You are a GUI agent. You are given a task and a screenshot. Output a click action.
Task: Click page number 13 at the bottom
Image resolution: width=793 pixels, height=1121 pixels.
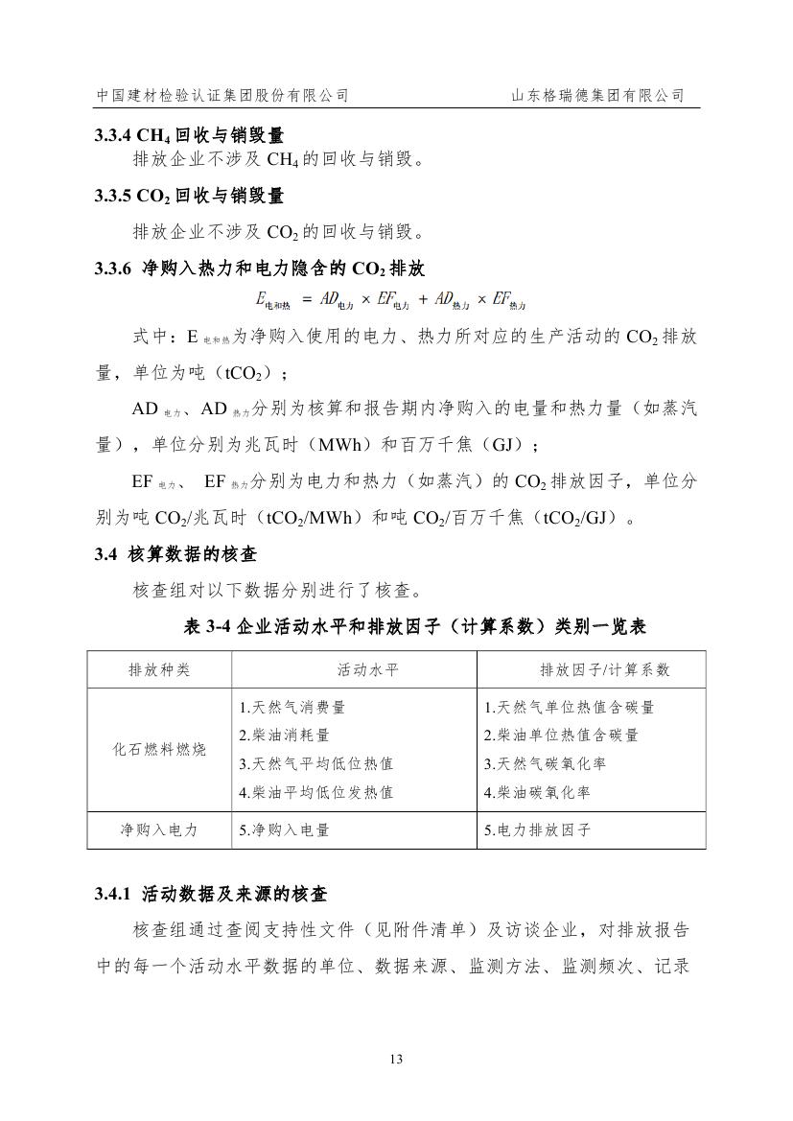396,1059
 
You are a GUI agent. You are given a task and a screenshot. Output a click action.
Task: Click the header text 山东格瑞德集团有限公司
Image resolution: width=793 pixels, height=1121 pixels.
597,96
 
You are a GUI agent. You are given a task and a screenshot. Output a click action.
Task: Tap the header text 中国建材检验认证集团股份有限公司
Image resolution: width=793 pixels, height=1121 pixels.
222,96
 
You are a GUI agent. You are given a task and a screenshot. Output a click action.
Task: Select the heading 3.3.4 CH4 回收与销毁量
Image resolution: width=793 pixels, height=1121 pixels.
189,136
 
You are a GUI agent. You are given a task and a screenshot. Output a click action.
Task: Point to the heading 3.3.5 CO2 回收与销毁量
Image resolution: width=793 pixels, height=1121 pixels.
189,196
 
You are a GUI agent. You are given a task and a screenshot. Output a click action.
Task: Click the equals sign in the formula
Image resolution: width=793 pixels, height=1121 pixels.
306,299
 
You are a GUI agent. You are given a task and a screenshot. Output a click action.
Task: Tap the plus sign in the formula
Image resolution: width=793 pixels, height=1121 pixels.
423,299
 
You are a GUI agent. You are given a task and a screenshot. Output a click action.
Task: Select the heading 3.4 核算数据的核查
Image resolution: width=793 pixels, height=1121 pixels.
175,554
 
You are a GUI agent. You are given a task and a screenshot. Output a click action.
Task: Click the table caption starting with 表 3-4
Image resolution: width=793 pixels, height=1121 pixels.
414,626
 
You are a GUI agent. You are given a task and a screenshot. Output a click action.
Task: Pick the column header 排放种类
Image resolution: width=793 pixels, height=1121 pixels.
159,669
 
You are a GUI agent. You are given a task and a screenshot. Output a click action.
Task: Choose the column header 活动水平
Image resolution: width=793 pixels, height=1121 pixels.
367,669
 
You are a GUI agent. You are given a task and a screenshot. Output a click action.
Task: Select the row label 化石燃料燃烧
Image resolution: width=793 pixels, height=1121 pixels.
159,750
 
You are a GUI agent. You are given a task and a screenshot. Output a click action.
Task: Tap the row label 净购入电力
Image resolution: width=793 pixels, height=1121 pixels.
159,830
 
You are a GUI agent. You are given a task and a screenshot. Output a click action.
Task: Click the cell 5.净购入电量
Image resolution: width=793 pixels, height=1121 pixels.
284,830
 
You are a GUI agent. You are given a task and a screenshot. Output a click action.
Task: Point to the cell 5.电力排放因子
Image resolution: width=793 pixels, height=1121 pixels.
537,830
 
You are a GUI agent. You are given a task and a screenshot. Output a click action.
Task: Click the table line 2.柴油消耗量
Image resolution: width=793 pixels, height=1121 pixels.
284,736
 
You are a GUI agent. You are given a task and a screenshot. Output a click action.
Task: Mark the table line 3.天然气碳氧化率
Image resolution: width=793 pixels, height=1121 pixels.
545,764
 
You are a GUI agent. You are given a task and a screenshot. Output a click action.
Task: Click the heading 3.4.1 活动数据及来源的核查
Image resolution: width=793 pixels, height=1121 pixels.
211,895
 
